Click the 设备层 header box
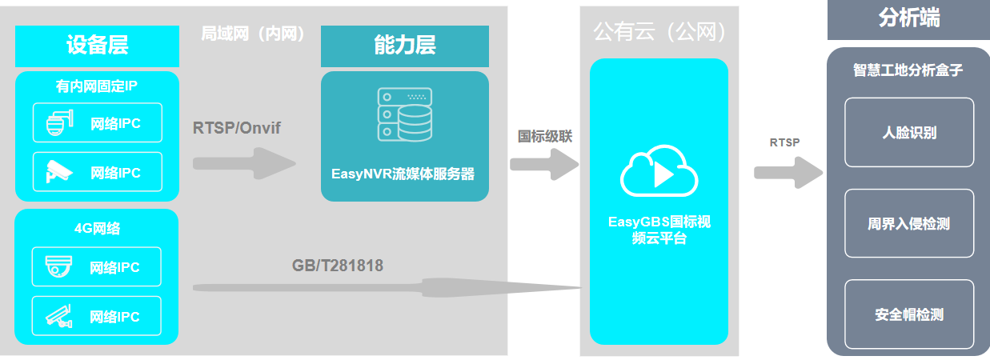click(x=95, y=46)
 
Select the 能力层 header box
click(x=404, y=46)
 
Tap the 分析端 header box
click(x=908, y=19)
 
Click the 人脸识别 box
click(x=908, y=132)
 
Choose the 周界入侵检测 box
click(x=908, y=223)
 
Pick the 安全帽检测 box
click(x=908, y=314)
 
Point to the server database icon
click(x=404, y=115)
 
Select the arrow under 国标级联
click(x=543, y=164)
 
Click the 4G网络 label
click(x=96, y=229)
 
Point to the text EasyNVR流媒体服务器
click(x=403, y=174)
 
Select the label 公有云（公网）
click(x=659, y=32)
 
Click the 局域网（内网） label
click(x=253, y=34)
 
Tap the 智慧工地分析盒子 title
click(x=908, y=70)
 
